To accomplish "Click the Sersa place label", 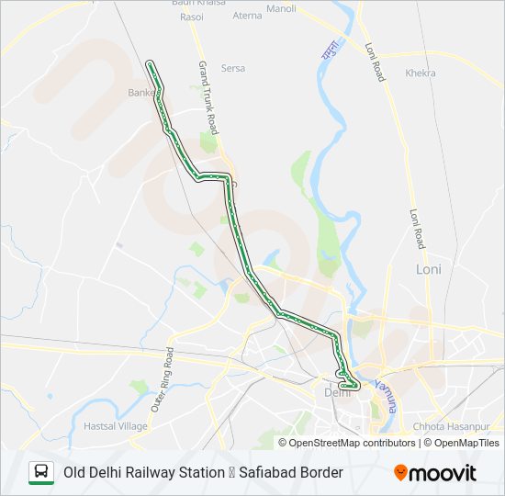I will coord(233,68).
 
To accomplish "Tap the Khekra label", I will coord(420,72).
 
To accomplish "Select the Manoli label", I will coord(281,9).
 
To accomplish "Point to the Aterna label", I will coord(247,16).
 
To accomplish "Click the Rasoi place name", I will coord(192,17).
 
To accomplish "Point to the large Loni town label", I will coord(429,269).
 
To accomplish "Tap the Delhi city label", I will coord(332,393).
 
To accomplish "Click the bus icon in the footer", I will coord(41,472).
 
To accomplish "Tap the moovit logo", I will coord(435,472).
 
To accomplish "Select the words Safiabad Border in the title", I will coord(291,472).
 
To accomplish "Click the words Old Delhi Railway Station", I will coord(143,472).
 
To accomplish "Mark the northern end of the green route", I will coord(151,63).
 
